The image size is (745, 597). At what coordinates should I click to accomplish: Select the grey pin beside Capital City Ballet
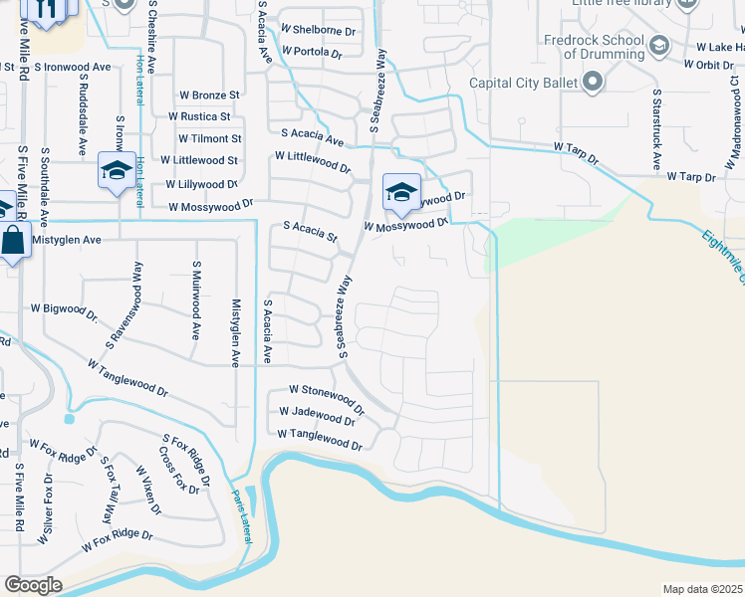click(x=594, y=83)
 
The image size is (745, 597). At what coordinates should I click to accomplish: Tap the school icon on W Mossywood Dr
click(x=401, y=192)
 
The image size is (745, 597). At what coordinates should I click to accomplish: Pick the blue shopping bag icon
click(x=11, y=242)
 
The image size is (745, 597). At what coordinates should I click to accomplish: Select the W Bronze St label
click(x=210, y=95)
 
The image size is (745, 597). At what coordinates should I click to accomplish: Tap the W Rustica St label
click(x=210, y=116)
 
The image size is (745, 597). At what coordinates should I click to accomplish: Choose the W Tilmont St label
click(x=209, y=139)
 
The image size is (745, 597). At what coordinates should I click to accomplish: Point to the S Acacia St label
click(x=311, y=232)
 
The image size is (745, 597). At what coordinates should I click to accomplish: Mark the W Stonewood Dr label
click(x=327, y=397)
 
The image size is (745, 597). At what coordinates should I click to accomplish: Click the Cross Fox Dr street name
click(x=179, y=470)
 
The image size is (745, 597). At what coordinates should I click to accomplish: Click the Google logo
click(x=33, y=585)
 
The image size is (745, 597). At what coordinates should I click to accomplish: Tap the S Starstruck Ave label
click(x=656, y=130)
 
